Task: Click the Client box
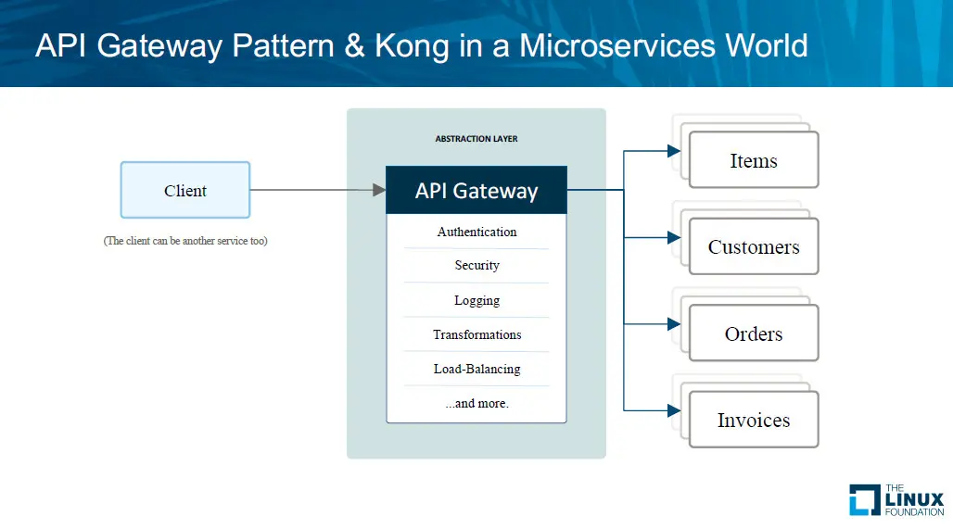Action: tap(185, 191)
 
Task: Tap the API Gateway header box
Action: tap(476, 191)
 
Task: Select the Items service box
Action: tap(753, 160)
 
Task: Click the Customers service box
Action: tap(753, 246)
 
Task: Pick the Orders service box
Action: tap(753, 333)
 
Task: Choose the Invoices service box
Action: tap(753, 420)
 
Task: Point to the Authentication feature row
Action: tap(476, 232)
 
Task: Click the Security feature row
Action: tap(476, 266)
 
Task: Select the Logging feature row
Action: tap(476, 300)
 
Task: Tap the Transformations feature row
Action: tap(476, 334)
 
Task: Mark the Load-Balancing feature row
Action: tap(476, 369)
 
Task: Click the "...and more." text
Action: tap(476, 403)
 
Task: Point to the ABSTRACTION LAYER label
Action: tap(476, 139)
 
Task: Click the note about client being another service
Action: tap(185, 242)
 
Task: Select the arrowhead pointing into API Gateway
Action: tap(379, 190)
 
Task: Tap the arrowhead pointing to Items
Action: tap(674, 151)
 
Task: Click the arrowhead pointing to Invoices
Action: tap(674, 409)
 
